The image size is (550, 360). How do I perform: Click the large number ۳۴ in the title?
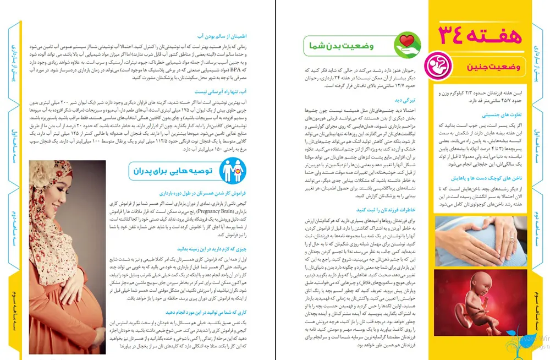(451, 35)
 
